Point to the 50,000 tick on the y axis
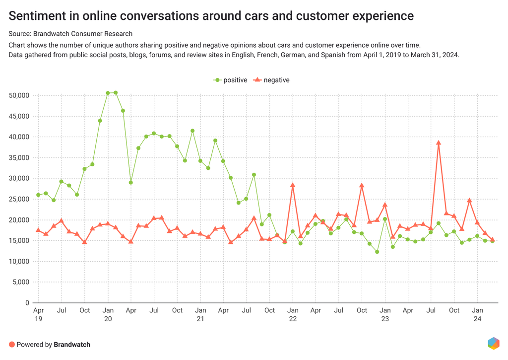click(x=18, y=95)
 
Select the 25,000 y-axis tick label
click(x=18, y=199)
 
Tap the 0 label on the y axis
click(x=28, y=303)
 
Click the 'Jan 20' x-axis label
click(x=108, y=315)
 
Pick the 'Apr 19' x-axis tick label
click(x=38, y=315)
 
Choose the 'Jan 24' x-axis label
click(x=477, y=315)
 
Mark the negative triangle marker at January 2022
click(x=293, y=185)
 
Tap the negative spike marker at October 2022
click(x=362, y=186)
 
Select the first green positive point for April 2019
click(x=38, y=195)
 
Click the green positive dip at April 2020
click(x=131, y=182)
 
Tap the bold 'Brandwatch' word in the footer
click(x=72, y=345)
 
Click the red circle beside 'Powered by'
click(x=12, y=345)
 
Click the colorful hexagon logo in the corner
click(x=493, y=344)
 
